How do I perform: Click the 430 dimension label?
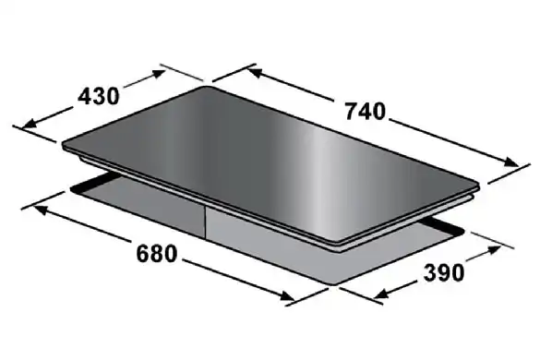(x=99, y=96)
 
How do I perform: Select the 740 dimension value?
(x=366, y=112)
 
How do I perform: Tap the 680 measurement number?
(x=157, y=254)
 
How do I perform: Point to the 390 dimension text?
(x=444, y=272)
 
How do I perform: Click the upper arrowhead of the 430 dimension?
(x=159, y=74)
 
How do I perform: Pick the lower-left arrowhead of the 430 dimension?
(x=29, y=124)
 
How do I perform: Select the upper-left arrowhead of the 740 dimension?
(x=254, y=72)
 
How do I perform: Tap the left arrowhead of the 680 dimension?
(x=39, y=209)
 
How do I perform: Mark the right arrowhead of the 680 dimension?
(x=288, y=296)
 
